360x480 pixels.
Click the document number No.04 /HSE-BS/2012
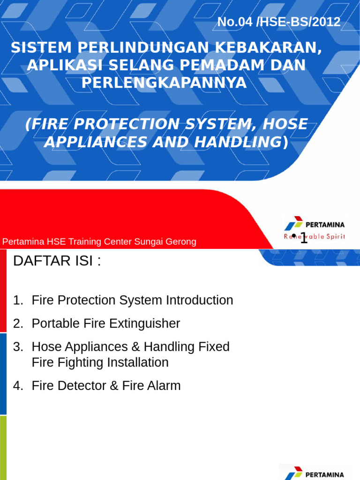pyautogui.click(x=279, y=22)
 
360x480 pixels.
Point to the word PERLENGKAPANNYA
pyautogui.click(x=164, y=82)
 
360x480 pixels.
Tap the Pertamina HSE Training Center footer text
pyautogui.click(x=99, y=242)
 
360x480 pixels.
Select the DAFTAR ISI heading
pyautogui.click(x=57, y=261)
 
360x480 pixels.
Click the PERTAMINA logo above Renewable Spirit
pyautogui.click(x=315, y=224)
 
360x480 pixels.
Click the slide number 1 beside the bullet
pyautogui.click(x=304, y=238)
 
